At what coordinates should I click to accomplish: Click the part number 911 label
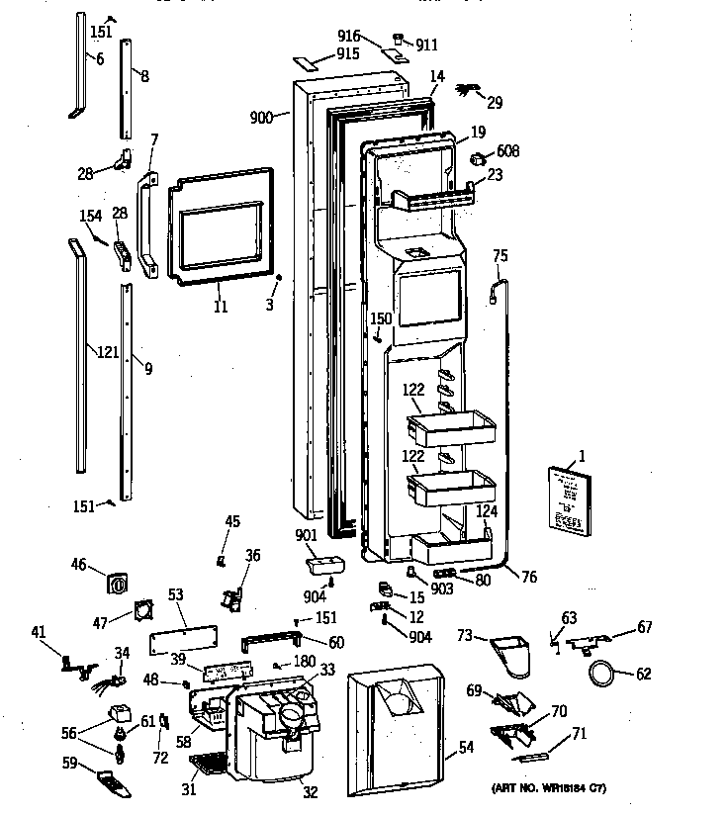point(426,45)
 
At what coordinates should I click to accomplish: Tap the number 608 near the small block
point(508,151)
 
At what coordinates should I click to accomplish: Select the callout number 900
point(261,117)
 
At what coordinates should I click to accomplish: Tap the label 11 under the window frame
point(220,308)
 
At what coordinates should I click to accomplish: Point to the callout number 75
point(500,255)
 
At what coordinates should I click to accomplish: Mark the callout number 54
point(466,748)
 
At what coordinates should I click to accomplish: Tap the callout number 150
point(381,317)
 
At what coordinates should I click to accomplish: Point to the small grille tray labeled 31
point(208,764)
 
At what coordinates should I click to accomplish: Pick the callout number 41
point(38,632)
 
